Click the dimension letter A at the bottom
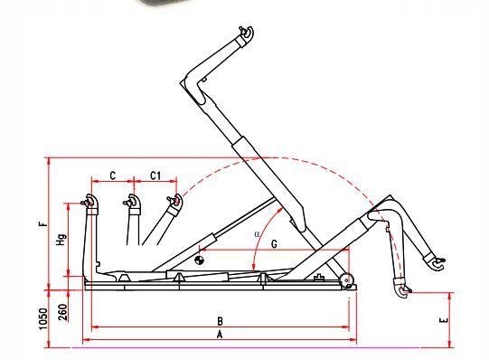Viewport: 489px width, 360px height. coord(218,334)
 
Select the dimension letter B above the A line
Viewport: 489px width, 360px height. coord(219,320)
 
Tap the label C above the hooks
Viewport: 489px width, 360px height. coord(112,175)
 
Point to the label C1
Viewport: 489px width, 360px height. coord(155,175)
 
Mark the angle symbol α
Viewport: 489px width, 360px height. coord(258,233)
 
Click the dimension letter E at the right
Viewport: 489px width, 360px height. coord(442,320)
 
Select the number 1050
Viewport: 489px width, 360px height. coord(42,317)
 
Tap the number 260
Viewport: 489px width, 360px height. coord(61,310)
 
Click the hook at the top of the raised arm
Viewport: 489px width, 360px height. coord(245,34)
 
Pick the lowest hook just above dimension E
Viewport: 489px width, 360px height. coord(404,290)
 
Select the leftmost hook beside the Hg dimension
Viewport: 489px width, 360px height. coord(89,202)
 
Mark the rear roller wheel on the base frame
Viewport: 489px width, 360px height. coord(345,280)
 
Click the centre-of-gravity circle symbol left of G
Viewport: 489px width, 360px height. coord(200,261)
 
